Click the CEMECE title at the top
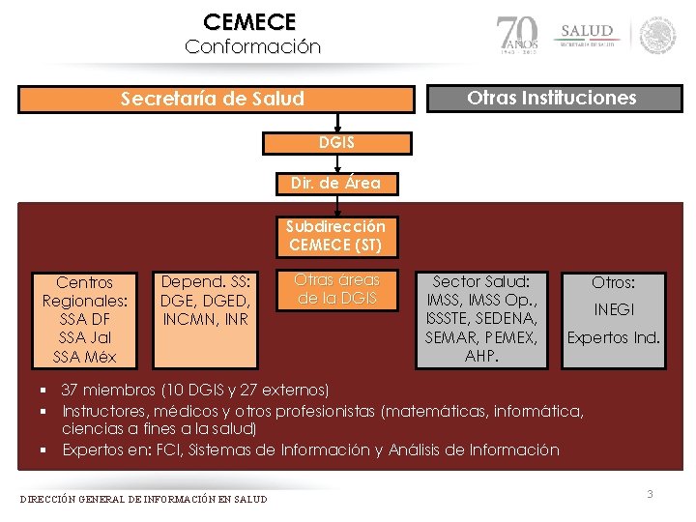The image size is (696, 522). [250, 21]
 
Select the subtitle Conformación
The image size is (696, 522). [252, 46]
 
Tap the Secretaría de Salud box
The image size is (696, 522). [212, 99]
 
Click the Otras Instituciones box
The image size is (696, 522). [551, 99]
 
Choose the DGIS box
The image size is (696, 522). [336, 143]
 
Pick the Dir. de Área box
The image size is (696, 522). [335, 182]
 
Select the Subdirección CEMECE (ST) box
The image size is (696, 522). [335, 236]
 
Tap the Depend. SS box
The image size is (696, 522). [206, 301]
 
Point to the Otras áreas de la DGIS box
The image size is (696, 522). [336, 288]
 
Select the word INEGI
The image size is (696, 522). [613, 310]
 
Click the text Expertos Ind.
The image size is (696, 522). [613, 338]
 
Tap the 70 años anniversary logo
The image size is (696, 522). [520, 35]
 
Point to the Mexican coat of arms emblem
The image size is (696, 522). [658, 35]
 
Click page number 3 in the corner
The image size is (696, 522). [650, 495]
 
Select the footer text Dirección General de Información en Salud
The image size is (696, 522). [144, 499]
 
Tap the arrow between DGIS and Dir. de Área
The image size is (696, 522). [336, 163]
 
